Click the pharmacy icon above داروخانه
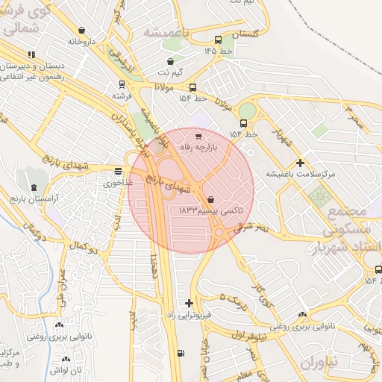point(81,31)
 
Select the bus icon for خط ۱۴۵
point(217,40)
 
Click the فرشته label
point(122,95)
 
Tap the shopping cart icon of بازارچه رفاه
point(198,137)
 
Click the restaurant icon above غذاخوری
point(118,171)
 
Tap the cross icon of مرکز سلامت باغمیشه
point(300,163)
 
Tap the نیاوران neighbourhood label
point(321,360)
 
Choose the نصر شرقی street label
point(251,226)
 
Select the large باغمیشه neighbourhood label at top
point(164,34)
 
